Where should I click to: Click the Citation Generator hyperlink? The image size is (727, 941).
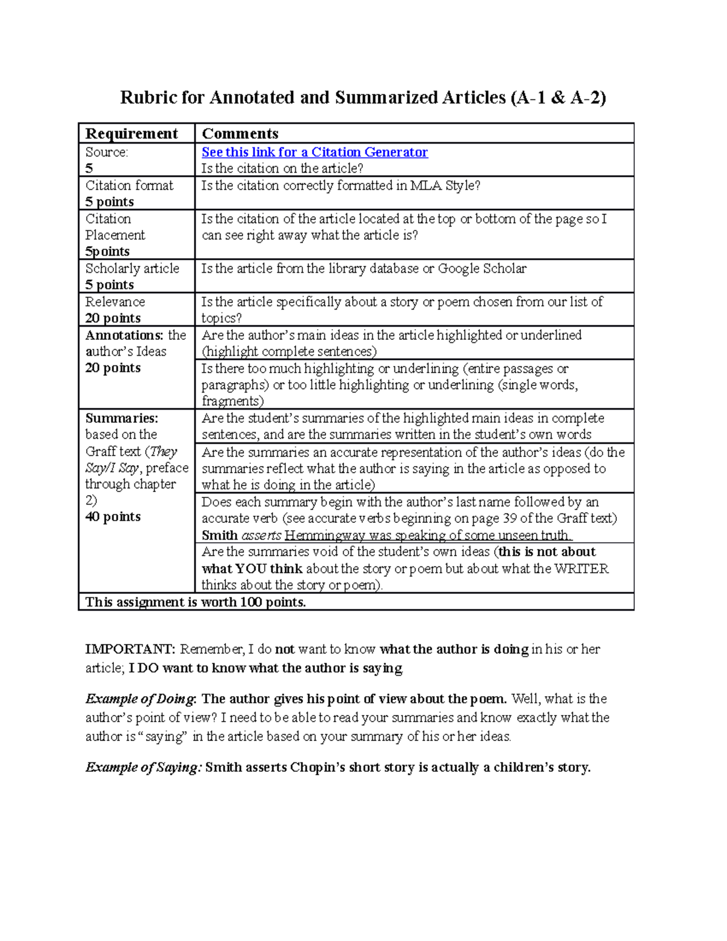click(x=314, y=152)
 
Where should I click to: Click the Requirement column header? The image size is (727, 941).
click(x=131, y=133)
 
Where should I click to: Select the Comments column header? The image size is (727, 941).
click(x=240, y=133)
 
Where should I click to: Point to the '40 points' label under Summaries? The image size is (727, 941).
click(x=113, y=517)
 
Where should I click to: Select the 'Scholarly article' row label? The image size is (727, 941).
click(x=132, y=268)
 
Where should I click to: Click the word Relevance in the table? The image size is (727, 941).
click(x=115, y=302)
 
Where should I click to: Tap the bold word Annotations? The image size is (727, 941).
click(x=124, y=335)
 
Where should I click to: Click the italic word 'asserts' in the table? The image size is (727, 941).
click(x=261, y=535)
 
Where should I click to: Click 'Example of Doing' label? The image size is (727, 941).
click(x=141, y=699)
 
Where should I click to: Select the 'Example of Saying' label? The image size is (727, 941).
click(x=143, y=767)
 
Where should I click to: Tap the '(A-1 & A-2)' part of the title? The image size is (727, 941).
click(x=558, y=98)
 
